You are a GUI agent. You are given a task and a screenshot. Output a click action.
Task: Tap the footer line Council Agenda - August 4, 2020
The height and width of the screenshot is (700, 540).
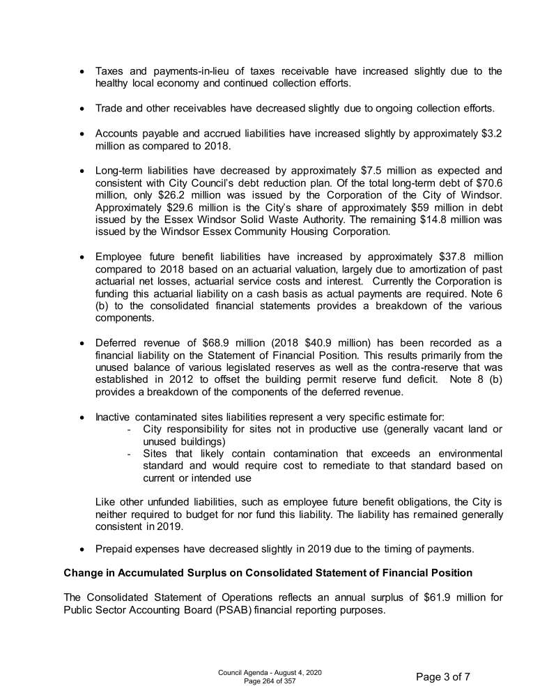coord(270,672)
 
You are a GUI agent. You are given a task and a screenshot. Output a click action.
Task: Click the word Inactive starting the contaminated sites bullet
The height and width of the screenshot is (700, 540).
coord(112,417)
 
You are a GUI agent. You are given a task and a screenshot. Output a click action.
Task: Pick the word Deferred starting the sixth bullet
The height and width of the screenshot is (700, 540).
coord(116,344)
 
